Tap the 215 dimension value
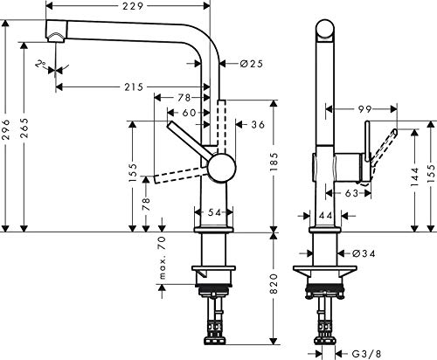[133, 87]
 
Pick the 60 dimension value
[187, 114]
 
